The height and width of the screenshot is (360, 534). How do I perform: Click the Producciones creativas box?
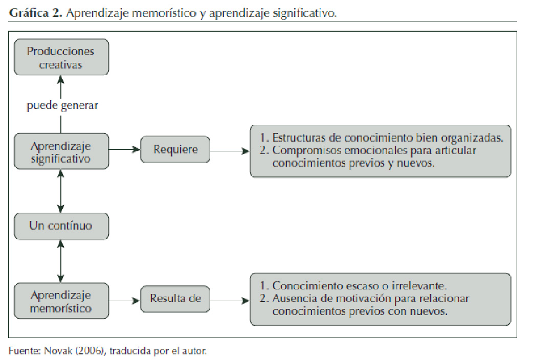pos(61,58)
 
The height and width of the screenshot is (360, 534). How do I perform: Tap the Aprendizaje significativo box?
pos(61,152)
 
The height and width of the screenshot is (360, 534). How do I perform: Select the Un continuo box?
pos(61,226)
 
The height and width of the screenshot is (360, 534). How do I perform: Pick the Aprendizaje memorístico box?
pos(61,302)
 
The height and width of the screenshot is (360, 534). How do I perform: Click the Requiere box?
pos(175,150)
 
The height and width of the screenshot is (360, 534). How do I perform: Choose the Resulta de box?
pos(175,298)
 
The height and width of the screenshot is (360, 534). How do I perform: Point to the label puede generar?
pos(62,106)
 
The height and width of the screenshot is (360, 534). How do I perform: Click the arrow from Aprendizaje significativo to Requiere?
pos(125,150)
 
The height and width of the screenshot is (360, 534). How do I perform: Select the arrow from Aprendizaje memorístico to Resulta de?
pos(125,301)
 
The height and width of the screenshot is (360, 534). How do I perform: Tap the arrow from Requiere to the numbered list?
pos(230,151)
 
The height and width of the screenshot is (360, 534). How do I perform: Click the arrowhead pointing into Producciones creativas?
pos(61,79)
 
